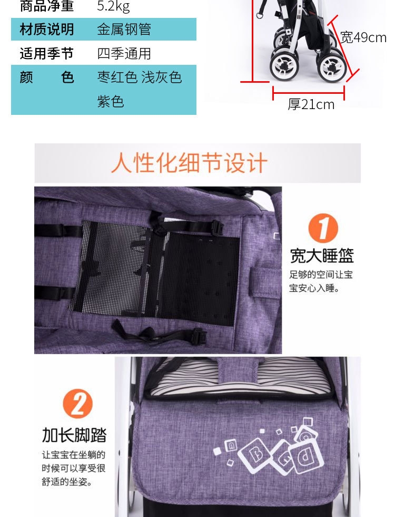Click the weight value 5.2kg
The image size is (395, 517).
coord(113,6)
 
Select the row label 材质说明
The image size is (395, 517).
coord(47,30)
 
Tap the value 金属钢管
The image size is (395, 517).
coord(124,30)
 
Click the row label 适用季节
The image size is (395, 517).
coord(47,53)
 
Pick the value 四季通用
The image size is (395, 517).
coord(124,53)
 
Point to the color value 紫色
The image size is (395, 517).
coord(111,101)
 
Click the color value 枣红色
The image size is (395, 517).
coord(117,77)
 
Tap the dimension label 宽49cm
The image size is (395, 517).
coord(363,37)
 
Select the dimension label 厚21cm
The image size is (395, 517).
coord(311,104)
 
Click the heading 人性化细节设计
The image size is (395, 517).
coord(189,163)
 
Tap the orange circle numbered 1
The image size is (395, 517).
coord(323,228)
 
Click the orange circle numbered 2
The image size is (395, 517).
coord(78,404)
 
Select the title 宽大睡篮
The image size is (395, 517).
coord(322,256)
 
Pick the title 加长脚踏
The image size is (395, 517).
coord(74,435)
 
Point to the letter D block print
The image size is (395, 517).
coord(305,457)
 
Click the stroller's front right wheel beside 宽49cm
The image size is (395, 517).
coord(332,66)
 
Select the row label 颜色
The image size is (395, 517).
coord(47,77)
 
